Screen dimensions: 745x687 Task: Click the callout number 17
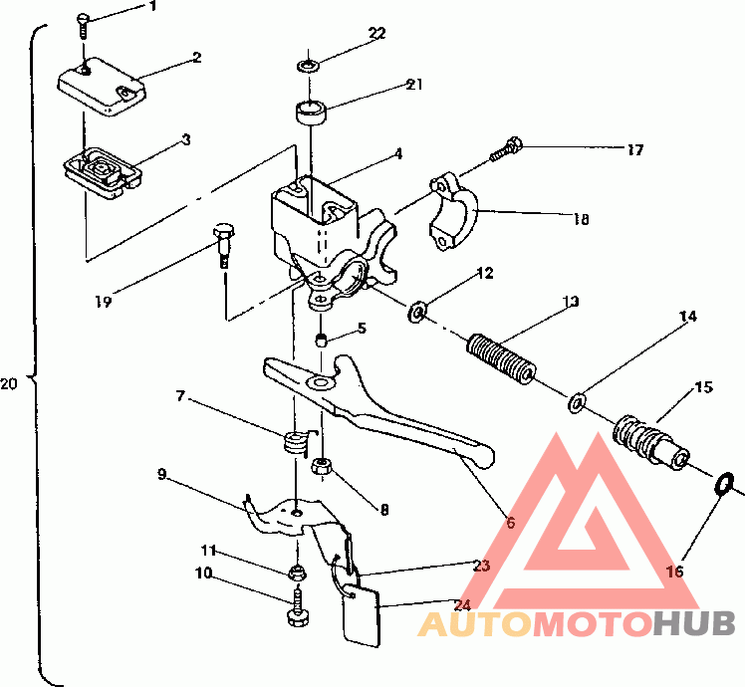click(x=634, y=150)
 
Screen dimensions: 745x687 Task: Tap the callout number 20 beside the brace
click(x=8, y=383)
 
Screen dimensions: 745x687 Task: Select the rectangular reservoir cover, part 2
click(x=102, y=86)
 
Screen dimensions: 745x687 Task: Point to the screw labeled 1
click(x=83, y=26)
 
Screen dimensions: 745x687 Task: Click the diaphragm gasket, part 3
click(x=104, y=173)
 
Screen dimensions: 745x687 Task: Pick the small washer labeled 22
click(x=309, y=65)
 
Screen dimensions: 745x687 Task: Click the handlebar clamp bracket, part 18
click(x=453, y=210)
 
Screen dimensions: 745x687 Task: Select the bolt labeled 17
click(x=506, y=148)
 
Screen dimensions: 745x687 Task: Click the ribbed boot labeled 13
click(x=502, y=359)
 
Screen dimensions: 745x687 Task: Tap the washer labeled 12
click(x=416, y=312)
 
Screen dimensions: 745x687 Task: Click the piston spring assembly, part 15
click(x=650, y=440)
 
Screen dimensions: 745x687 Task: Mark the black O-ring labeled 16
click(x=724, y=485)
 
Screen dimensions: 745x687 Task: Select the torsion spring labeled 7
click(x=297, y=444)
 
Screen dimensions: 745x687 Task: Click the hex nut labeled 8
click(x=322, y=466)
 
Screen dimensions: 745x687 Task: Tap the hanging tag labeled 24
click(x=362, y=616)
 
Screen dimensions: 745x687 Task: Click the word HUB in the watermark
click(x=693, y=623)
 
